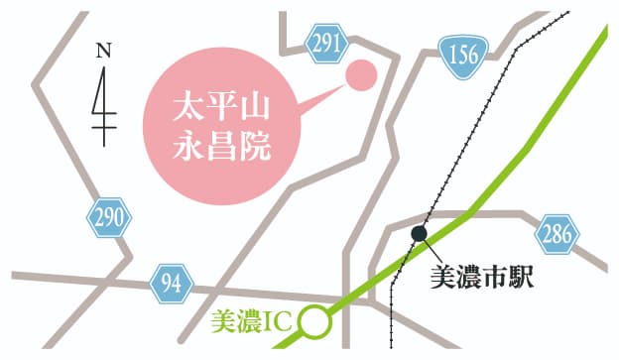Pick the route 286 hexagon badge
(x=557, y=236)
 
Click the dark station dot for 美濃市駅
(x=420, y=233)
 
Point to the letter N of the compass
(x=102, y=51)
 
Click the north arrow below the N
(x=102, y=104)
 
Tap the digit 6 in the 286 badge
(x=567, y=236)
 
